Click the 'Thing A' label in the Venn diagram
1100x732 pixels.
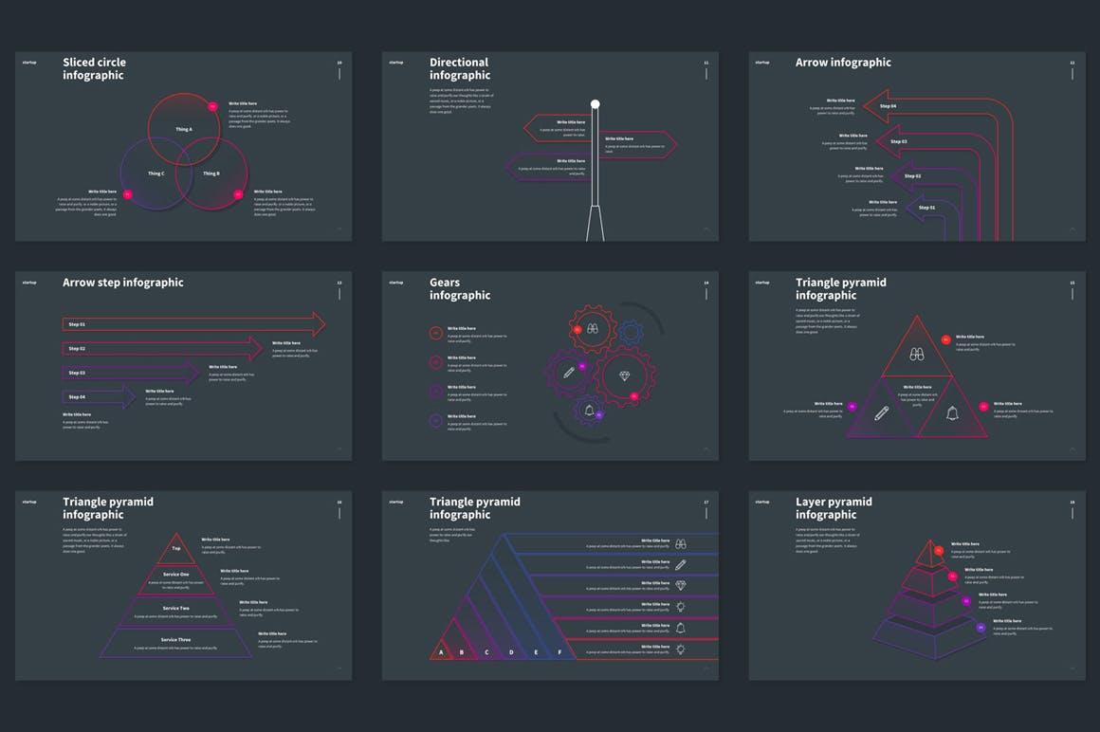pyautogui.click(x=184, y=129)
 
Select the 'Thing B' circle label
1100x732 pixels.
pyautogui.click(x=211, y=174)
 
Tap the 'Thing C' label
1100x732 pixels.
pyautogui.click(x=156, y=174)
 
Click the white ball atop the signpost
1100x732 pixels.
pyautogui.click(x=596, y=104)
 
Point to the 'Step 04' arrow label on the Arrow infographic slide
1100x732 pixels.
pyautogui.click(x=888, y=106)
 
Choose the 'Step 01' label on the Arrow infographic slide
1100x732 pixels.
pyautogui.click(x=926, y=207)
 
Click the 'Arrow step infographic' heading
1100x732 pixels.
pyautogui.click(x=123, y=283)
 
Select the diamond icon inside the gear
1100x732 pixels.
pyautogui.click(x=624, y=375)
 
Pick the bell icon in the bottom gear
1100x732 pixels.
pyautogui.click(x=589, y=410)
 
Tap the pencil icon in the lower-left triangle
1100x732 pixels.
pyautogui.click(x=882, y=412)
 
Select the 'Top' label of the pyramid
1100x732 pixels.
pyautogui.click(x=175, y=548)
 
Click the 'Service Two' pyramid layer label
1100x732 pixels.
pyautogui.click(x=176, y=608)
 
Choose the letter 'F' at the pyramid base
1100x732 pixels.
pyautogui.click(x=559, y=652)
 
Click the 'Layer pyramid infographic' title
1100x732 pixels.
pyautogui.click(x=834, y=508)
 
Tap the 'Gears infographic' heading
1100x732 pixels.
pyautogui.click(x=460, y=288)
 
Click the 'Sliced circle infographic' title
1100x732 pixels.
pyautogui.click(x=94, y=68)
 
